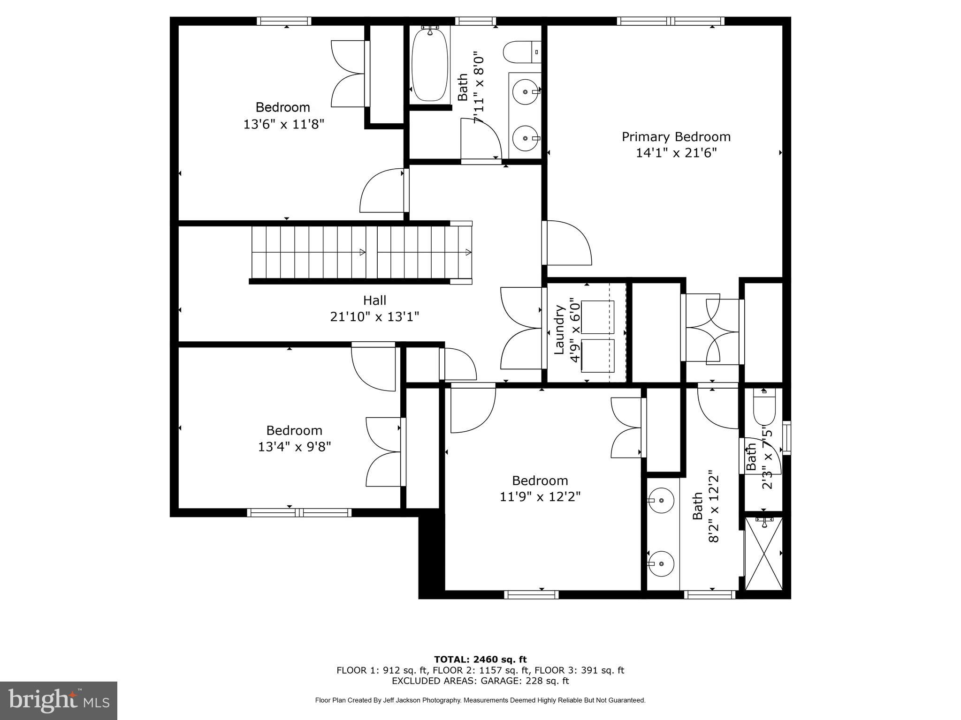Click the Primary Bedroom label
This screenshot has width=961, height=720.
click(x=676, y=137)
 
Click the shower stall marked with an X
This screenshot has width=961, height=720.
click(x=763, y=554)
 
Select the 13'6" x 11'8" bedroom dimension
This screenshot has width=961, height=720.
click(x=283, y=125)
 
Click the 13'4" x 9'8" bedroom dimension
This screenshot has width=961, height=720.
click(x=294, y=446)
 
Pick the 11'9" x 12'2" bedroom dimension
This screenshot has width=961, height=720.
click(x=540, y=496)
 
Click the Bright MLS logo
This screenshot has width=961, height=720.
click(x=58, y=700)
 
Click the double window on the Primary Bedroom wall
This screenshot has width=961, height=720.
click(x=670, y=21)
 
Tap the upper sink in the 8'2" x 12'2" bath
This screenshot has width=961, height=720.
click(x=662, y=501)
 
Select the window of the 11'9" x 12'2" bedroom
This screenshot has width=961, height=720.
click(x=531, y=595)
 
